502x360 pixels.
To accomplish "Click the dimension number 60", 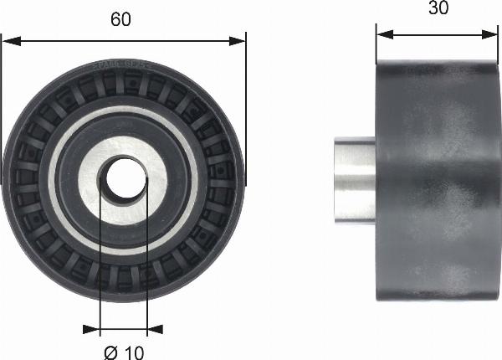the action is click(x=120, y=19).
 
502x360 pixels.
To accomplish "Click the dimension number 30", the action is click(x=438, y=8).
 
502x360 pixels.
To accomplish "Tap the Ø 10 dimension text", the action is click(x=124, y=353).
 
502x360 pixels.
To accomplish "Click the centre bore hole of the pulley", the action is click(x=124, y=178).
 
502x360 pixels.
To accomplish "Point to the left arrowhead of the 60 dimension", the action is click(x=11, y=41).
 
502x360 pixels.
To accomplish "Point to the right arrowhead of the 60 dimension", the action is click(x=238, y=41).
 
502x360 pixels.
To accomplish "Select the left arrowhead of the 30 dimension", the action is click(x=385, y=34).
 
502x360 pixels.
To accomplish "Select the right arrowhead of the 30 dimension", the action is click(x=489, y=34).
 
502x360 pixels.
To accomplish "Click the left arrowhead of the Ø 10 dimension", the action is click(x=91, y=329).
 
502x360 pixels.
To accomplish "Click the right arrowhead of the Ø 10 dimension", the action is click(x=155, y=329).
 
